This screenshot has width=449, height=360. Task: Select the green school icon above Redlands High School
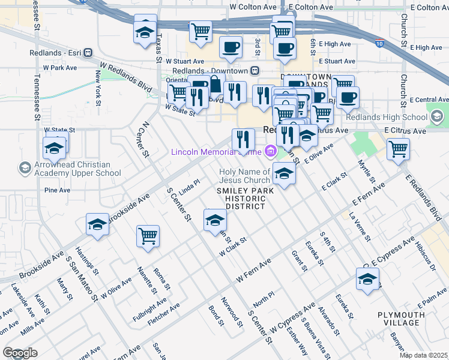[x=437, y=115]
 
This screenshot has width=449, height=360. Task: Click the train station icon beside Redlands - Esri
[x=88, y=52]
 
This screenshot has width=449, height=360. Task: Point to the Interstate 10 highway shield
[x=379, y=43]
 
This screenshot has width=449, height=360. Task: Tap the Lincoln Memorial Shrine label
[x=216, y=151]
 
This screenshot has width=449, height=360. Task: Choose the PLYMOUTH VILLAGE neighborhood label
[x=402, y=319]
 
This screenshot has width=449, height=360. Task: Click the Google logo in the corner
[x=20, y=353]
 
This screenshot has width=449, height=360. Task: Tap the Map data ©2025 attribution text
[x=424, y=355]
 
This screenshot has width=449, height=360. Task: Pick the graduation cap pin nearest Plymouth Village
[x=367, y=279]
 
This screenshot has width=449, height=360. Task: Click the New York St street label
[x=98, y=83]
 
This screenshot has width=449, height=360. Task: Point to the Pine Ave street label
[x=58, y=190]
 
